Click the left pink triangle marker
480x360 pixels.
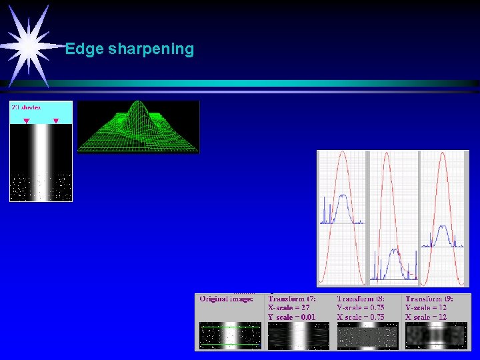tap(26, 121)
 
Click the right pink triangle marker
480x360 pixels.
tap(56, 121)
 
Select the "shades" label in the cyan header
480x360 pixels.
tap(30, 107)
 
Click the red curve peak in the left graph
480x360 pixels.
tap(342, 153)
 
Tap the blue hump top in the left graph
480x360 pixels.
tap(342, 196)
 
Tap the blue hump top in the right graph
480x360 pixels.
tap(441, 227)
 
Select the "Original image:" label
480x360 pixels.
tap(227, 299)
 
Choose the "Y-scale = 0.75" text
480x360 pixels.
tap(361, 307)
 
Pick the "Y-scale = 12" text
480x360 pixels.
tap(426, 307)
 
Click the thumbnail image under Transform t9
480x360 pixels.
tap(435, 336)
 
